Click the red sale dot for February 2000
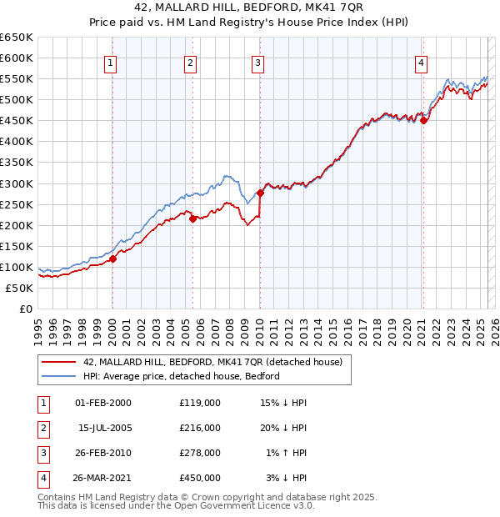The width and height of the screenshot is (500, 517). pyautogui.click(x=113, y=258)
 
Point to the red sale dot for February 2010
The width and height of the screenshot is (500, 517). pyautogui.click(x=261, y=193)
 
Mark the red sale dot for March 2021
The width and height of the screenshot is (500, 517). pyautogui.click(x=423, y=120)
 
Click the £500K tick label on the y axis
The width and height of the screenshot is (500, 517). pyautogui.click(x=17, y=99)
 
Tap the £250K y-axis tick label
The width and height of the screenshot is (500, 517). pyautogui.click(x=17, y=204)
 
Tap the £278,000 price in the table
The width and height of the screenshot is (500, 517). pyautogui.click(x=200, y=453)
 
